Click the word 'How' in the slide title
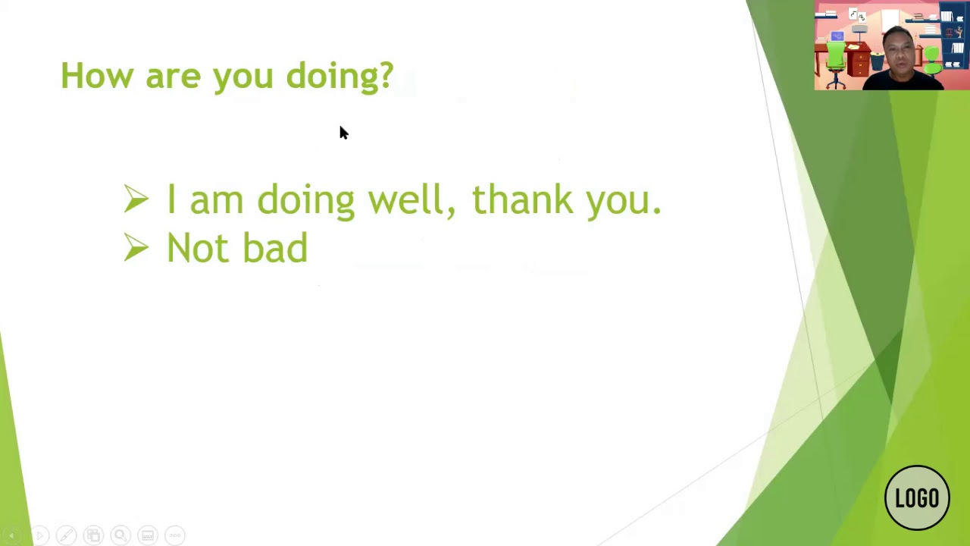click(97, 75)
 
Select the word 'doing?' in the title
click(340, 77)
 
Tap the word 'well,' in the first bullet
click(411, 199)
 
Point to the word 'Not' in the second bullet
click(198, 247)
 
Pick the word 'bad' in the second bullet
click(275, 247)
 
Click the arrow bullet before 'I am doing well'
click(136, 199)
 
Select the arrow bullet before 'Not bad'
click(136, 247)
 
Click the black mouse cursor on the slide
click(344, 133)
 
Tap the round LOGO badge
click(917, 497)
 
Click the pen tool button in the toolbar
click(66, 535)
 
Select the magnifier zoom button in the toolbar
click(120, 535)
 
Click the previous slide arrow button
click(11, 535)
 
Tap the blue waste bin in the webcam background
click(877, 61)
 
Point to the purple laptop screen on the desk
click(837, 36)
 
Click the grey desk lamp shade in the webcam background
click(859, 29)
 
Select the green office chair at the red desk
click(835, 64)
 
